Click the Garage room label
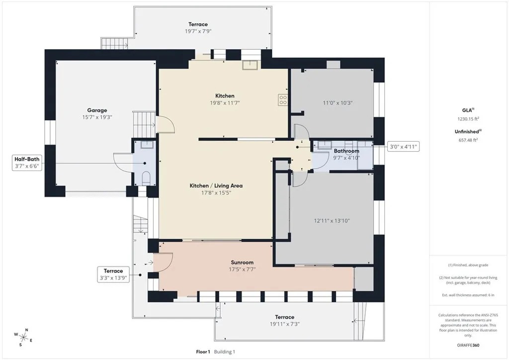pos(97,110)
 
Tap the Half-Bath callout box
pos(27,163)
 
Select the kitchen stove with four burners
pos(282,100)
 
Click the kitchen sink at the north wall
pos(249,64)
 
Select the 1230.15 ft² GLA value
pos(468,119)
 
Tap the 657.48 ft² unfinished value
pos(468,140)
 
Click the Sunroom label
pos(242,263)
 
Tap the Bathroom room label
pos(346,151)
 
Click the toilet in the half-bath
pos(146,178)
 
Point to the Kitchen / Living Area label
pos(216,185)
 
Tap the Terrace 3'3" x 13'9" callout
pos(113,274)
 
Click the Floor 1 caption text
pos(203,352)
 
